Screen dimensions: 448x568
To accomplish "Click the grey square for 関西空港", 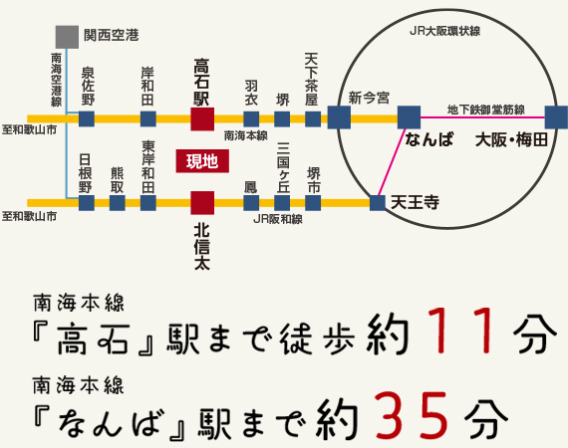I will [x=68, y=37].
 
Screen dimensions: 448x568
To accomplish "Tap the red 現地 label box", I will [x=201, y=160].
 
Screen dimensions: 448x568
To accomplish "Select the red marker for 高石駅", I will [x=201, y=118].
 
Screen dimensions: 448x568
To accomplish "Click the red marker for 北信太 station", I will [x=201, y=203].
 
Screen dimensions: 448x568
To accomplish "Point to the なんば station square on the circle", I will [x=410, y=116].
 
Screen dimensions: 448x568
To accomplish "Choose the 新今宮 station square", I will [x=339, y=117].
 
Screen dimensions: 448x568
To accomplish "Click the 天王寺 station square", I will [x=377, y=203].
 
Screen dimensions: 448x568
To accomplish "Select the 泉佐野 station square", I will [x=87, y=119].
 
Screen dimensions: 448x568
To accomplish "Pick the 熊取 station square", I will [x=118, y=203].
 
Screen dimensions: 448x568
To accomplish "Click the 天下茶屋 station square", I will [x=313, y=119].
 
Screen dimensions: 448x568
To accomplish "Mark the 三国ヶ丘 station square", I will [x=282, y=203].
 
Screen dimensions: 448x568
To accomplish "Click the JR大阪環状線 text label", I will [x=444, y=32].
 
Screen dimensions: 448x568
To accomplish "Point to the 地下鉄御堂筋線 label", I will [x=486, y=108].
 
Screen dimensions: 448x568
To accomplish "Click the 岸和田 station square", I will [x=147, y=119].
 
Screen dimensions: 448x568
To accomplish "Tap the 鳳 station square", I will [x=251, y=203].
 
